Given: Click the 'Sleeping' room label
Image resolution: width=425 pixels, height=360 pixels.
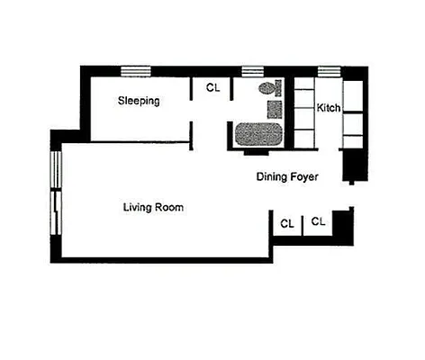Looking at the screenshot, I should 139,101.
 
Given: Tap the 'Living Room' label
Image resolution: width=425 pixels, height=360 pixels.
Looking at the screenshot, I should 153,207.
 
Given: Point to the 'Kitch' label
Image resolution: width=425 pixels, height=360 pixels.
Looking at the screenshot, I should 329,108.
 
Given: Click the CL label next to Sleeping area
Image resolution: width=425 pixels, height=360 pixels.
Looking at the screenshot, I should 212,87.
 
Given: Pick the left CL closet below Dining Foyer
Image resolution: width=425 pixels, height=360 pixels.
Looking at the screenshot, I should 286,222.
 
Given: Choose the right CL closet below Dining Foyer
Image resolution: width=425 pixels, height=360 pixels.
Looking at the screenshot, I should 318,220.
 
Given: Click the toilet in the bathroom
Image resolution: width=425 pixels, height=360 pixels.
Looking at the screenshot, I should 267,89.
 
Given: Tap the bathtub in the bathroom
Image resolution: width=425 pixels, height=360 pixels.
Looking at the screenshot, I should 258,136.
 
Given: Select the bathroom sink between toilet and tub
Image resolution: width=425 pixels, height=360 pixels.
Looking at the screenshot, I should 275,109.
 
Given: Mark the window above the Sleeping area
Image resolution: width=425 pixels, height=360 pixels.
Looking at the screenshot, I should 136,70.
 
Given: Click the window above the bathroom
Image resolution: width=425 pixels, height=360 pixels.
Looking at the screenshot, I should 251,70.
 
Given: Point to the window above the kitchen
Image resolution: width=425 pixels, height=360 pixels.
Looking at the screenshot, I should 329,70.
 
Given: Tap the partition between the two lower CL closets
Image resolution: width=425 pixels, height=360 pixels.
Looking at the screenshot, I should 302,223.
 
